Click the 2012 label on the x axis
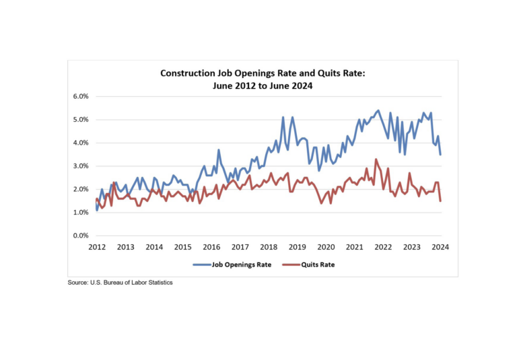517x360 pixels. click(x=97, y=248)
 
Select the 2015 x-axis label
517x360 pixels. click(x=183, y=248)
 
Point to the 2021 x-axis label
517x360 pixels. click(x=355, y=248)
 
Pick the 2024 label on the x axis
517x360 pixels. click(x=440, y=248)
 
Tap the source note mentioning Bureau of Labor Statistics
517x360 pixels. click(x=120, y=283)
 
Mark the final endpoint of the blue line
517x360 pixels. click(x=440, y=155)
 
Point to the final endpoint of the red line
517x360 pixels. click(x=440, y=201)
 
